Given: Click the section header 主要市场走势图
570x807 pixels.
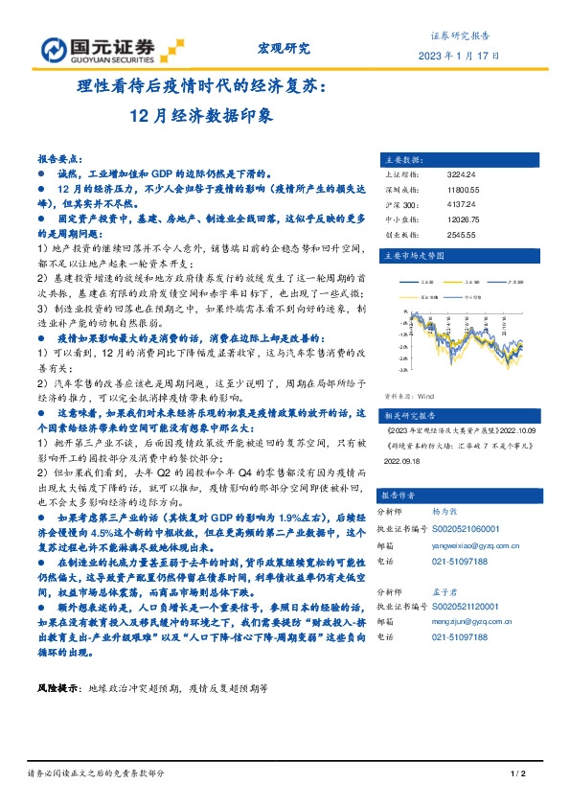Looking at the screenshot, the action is click(412, 256).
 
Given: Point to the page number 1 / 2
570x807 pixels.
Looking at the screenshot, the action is click(519, 773).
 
